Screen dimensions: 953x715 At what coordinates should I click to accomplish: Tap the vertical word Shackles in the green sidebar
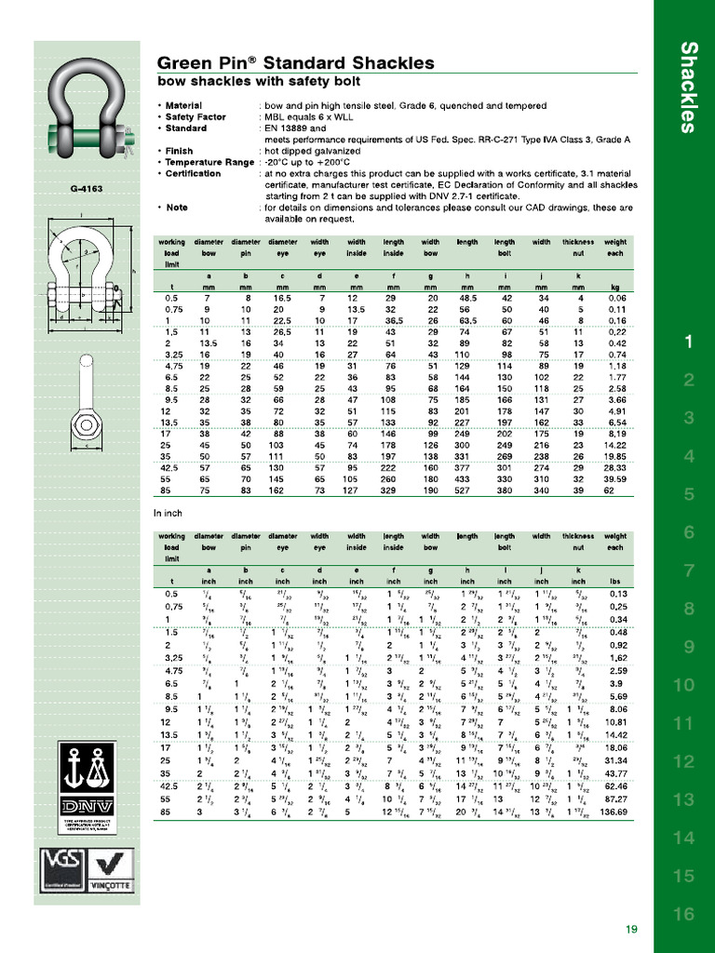[x=688, y=87]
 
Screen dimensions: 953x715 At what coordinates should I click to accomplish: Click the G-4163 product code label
[x=87, y=189]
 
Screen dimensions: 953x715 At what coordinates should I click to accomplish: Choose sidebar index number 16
[x=684, y=914]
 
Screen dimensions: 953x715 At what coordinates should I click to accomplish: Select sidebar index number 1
[x=688, y=342]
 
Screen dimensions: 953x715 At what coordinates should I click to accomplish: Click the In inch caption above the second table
[x=169, y=513]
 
